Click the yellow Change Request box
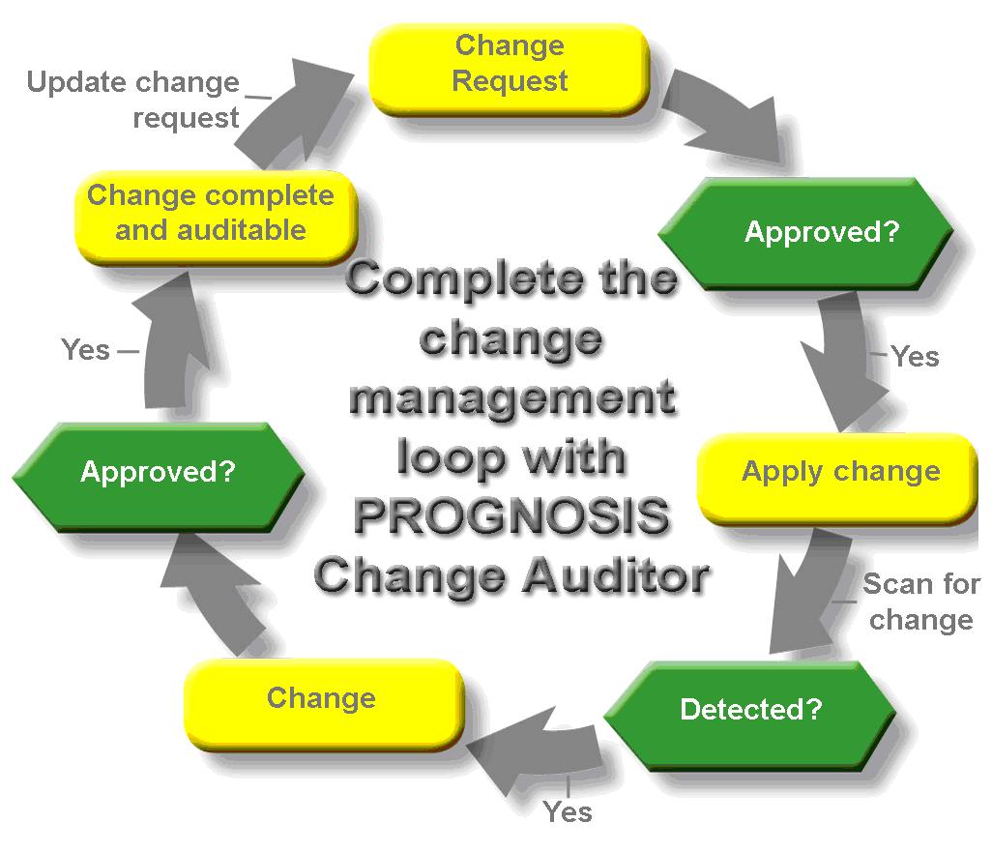point(510,69)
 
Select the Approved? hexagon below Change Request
point(805,233)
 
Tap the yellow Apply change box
point(837,479)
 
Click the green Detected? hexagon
point(750,716)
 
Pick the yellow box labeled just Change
point(323,703)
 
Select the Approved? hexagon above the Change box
point(159,476)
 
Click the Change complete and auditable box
point(216,218)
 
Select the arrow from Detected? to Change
point(538,747)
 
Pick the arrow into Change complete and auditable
point(171,341)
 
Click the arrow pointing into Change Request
point(291,114)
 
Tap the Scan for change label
point(921,602)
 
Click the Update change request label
point(132,100)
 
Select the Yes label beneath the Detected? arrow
point(568,811)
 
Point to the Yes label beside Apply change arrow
point(915,357)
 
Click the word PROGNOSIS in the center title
point(511,515)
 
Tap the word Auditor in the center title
point(616,576)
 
